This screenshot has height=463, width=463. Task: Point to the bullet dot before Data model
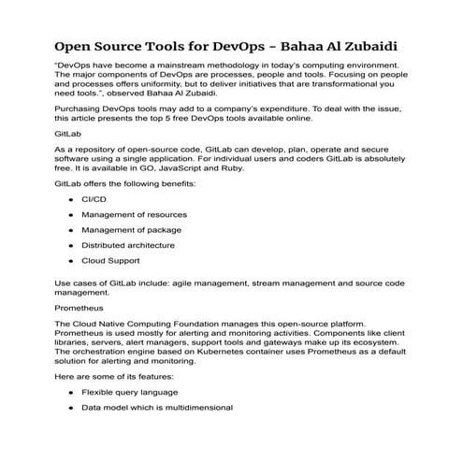pyautogui.click(x=70, y=408)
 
